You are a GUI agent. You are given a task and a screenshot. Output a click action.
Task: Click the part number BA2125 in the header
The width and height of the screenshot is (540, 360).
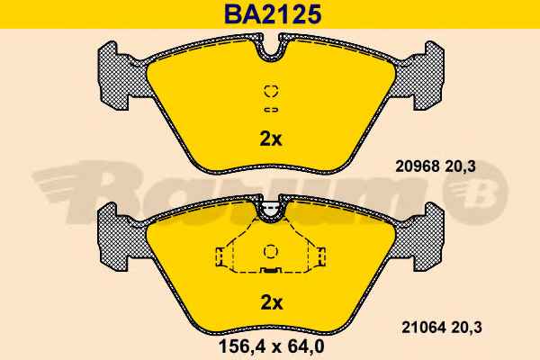click(273, 14)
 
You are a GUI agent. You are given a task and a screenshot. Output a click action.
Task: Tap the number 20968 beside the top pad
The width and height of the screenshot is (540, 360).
click(417, 166)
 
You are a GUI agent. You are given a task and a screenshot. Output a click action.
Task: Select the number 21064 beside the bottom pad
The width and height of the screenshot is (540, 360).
click(424, 328)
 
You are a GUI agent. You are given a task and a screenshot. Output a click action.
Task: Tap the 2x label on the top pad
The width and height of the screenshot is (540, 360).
click(270, 139)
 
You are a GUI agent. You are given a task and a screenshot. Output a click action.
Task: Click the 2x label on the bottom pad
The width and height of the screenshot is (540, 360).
click(272, 302)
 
